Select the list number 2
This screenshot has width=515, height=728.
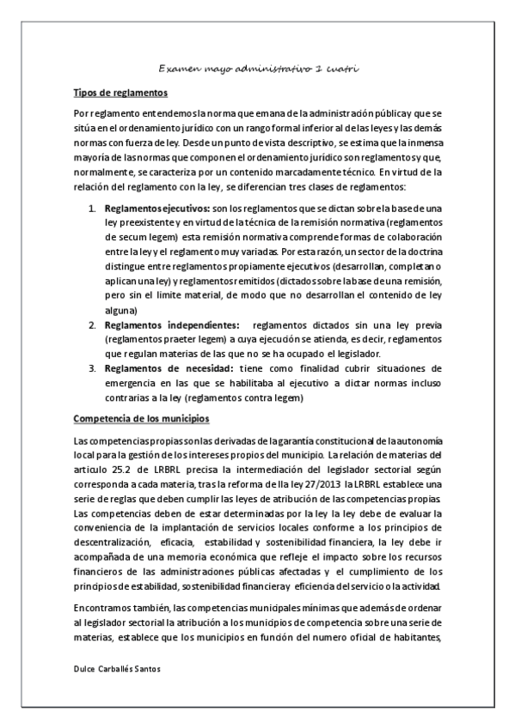pos(94,325)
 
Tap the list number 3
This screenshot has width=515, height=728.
pos(94,368)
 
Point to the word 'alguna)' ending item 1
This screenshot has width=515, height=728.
pos(120,310)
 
